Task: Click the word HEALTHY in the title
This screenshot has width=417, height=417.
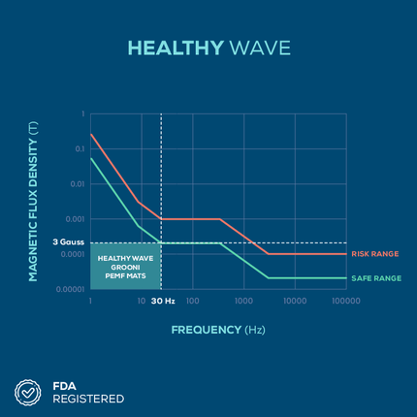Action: click(176, 48)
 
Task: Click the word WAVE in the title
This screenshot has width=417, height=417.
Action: click(260, 48)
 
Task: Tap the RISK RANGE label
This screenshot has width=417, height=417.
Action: click(375, 254)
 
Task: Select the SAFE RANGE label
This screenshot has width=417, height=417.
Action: click(376, 278)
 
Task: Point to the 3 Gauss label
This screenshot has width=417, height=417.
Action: click(68, 242)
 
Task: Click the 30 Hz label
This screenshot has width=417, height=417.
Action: click(163, 301)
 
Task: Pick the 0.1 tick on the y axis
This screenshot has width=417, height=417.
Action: click(80, 149)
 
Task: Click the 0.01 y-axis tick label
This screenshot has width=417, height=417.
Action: click(78, 184)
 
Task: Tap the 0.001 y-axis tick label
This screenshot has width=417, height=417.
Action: click(75, 219)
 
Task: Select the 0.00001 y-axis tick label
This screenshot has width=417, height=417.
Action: click(71, 289)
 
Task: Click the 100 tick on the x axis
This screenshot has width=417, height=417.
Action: click(193, 301)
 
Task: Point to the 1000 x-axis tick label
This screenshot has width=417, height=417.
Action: click(243, 301)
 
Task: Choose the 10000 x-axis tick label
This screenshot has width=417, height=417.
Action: click(295, 301)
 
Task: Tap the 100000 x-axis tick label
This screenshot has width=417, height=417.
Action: click(346, 301)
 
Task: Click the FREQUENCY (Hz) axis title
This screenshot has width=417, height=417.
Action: click(218, 330)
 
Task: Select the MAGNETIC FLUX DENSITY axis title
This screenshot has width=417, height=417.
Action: click(33, 202)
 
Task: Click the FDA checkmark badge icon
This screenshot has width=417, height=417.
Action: click(28, 393)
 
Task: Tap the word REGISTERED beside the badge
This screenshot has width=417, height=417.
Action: click(88, 399)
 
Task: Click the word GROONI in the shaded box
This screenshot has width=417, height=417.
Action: click(125, 268)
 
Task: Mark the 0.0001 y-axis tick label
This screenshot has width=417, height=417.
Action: click(73, 254)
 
